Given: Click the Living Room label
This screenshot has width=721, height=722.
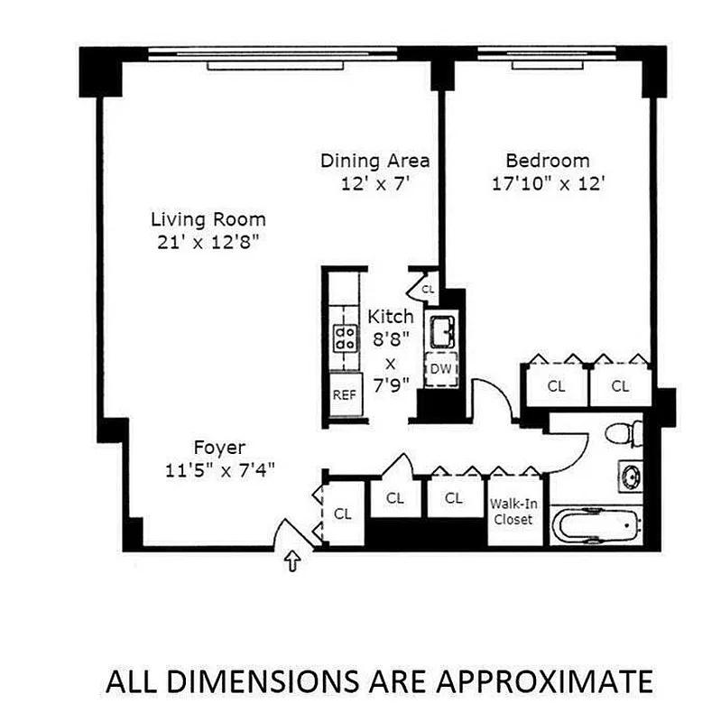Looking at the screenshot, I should [208, 218].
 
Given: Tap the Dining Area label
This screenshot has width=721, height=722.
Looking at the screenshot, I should [374, 161].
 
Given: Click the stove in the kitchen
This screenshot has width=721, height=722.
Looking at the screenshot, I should [345, 337].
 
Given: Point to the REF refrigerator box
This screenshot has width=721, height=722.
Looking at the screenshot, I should [345, 394].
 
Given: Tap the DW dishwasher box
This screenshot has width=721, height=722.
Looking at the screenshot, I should [440, 368].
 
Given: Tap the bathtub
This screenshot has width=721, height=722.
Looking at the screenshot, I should [596, 525].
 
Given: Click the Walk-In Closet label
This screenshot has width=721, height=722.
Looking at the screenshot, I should [512, 512].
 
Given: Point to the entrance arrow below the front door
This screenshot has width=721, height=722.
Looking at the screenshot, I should [291, 563].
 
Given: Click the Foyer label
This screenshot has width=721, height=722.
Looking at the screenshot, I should [219, 448].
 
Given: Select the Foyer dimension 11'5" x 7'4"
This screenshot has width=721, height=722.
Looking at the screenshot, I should [219, 468].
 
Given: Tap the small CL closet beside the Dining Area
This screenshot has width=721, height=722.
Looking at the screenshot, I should [427, 289].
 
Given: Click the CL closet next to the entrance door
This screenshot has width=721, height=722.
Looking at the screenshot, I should [342, 514].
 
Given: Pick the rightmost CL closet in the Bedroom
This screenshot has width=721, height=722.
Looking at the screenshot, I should [619, 385].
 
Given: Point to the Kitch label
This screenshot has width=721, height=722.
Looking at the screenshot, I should [391, 317].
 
